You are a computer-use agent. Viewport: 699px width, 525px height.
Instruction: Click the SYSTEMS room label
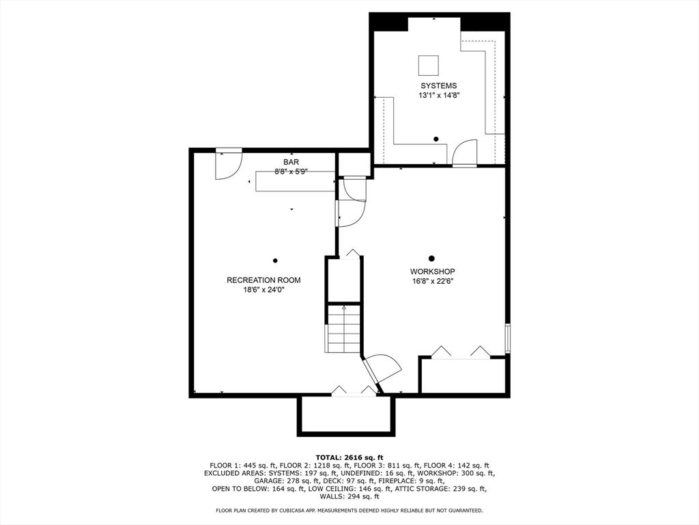(x=438, y=85)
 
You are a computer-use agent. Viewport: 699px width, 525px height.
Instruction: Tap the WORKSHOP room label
(x=433, y=271)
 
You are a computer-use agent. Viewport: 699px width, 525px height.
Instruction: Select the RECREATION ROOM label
(x=263, y=280)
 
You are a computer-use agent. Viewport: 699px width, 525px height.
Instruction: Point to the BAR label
(x=291, y=162)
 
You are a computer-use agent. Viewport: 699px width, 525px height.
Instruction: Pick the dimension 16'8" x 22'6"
(x=433, y=281)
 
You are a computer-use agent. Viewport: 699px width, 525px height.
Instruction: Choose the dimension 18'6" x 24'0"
(x=263, y=290)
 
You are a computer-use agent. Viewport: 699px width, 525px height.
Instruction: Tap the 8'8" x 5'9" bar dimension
(x=291, y=172)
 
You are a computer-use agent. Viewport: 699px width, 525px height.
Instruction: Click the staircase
(x=343, y=328)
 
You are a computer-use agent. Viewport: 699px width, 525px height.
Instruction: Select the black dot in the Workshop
(x=431, y=258)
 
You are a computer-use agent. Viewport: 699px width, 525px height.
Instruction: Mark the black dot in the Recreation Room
(x=275, y=260)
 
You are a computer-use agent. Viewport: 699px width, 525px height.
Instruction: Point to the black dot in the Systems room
(x=436, y=139)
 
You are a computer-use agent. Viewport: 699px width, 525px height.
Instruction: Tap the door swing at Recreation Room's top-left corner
(x=228, y=164)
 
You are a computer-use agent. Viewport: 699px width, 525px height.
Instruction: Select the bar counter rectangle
(x=295, y=183)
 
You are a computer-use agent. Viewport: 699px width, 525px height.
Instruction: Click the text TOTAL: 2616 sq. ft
(x=349, y=457)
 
